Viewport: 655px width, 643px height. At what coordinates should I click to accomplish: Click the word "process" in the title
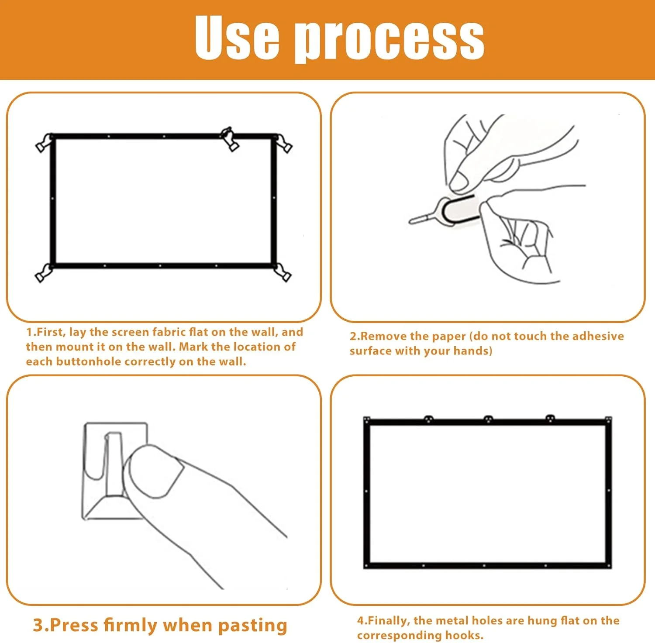390,40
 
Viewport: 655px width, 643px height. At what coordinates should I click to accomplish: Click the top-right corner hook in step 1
283,144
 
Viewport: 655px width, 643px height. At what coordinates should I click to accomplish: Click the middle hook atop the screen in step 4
488,419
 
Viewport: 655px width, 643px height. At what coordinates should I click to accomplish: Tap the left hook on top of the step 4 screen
429,419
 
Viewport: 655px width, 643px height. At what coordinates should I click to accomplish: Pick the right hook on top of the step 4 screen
550,418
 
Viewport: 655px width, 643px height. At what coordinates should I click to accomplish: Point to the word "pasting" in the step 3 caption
253,626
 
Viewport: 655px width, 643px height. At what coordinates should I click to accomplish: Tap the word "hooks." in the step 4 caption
464,636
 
